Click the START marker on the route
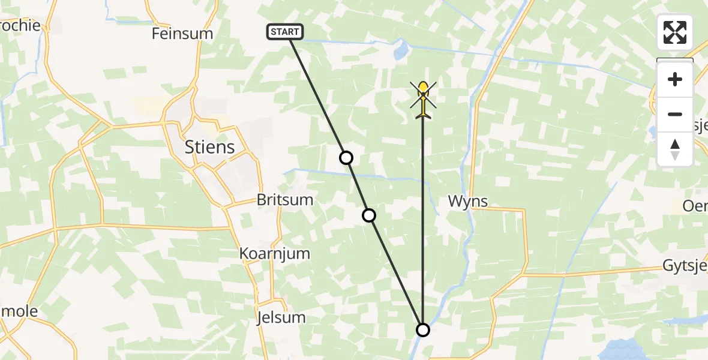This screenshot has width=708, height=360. coord(285,32)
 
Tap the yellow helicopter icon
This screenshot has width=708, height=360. coord(423,99)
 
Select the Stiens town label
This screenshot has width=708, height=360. coord(209,147)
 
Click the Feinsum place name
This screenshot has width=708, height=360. coord(182,34)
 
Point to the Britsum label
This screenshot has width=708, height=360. coord(285,200)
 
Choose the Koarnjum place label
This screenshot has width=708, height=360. coord(275,253)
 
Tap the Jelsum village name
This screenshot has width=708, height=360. coord(280,317)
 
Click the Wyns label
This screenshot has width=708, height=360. coord(468,202)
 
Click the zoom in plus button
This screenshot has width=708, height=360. coord(675,80)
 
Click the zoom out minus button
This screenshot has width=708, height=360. coord(675,114)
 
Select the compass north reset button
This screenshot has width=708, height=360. coord(675,149)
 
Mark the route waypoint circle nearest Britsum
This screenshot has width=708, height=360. coord(346,158)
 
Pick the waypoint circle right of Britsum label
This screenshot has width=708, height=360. coord(369,215)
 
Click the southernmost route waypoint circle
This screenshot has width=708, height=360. coord(423,329)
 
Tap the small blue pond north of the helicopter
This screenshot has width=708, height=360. coord(400,52)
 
